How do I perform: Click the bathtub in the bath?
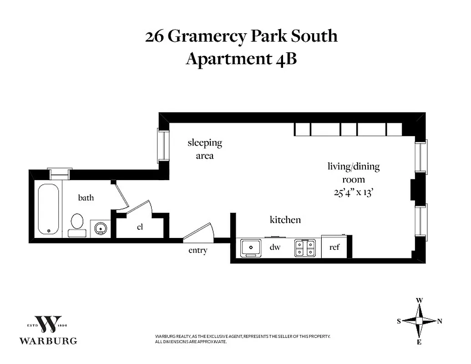pyautogui.click(x=49, y=209)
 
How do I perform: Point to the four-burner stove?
pyautogui.click(x=305, y=248)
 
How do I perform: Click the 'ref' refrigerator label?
pyautogui.click(x=334, y=248)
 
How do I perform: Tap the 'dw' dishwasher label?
pyautogui.click(x=275, y=248)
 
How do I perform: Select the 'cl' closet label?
pyautogui.click(x=140, y=227)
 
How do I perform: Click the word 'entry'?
pyautogui.click(x=198, y=250)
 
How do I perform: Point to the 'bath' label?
pyautogui.click(x=86, y=197)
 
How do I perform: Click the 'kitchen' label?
pyautogui.click(x=285, y=220)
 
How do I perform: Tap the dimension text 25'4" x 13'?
pyautogui.click(x=354, y=192)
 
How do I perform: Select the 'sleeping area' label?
pyautogui.click(x=205, y=149)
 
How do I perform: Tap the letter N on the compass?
pyautogui.click(x=440, y=321)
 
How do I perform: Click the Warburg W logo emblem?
pyautogui.click(x=48, y=324)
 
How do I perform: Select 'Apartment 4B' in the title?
pyautogui.click(x=241, y=59)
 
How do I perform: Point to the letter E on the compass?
pyautogui.click(x=419, y=342)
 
